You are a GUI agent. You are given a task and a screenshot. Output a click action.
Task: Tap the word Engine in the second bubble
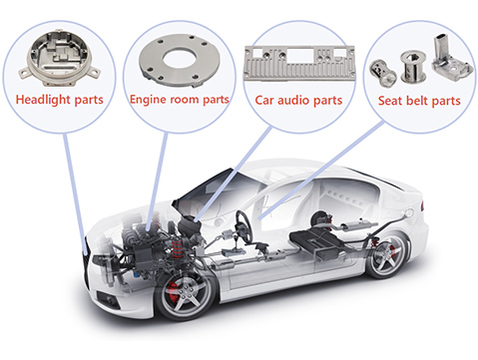click(x=147, y=101)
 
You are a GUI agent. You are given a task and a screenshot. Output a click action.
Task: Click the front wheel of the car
click(x=186, y=288)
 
